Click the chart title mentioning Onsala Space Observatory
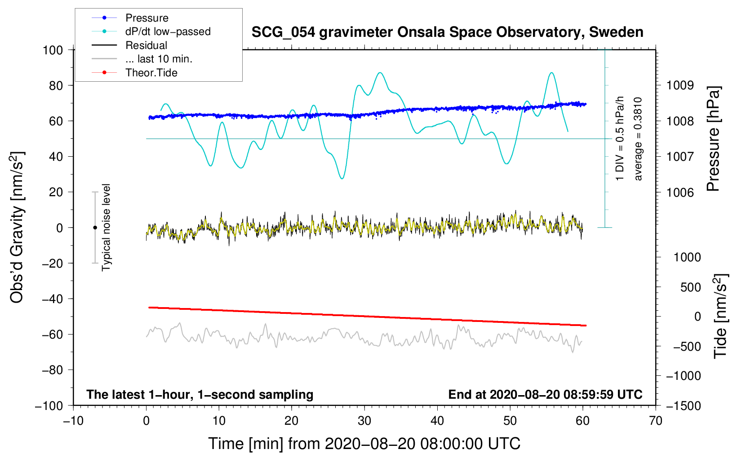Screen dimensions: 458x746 (x=447, y=32)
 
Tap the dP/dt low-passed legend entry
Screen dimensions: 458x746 (x=168, y=31)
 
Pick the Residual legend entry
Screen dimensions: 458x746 (x=146, y=45)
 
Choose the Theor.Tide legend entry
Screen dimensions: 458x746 (x=151, y=73)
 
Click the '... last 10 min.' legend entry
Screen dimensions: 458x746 (x=159, y=59)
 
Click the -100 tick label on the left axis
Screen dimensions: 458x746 (x=49, y=405)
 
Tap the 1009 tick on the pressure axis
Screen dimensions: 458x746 (x=680, y=85)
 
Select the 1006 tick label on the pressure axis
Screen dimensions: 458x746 (x=680, y=192)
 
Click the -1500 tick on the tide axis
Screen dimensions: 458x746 (x=683, y=405)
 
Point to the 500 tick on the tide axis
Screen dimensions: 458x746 (x=691, y=287)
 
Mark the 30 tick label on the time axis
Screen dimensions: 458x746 (x=364, y=421)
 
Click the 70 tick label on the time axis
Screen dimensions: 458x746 (x=656, y=421)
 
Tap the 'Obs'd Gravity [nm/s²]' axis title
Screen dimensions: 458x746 (x=17, y=227)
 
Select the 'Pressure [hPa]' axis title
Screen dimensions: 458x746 (x=713, y=139)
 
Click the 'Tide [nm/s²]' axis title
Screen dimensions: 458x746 (x=720, y=316)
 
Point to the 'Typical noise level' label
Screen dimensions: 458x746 (x=106, y=227)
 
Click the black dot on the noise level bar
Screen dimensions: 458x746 (x=95, y=228)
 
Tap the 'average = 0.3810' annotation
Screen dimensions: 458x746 (x=638, y=139)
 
